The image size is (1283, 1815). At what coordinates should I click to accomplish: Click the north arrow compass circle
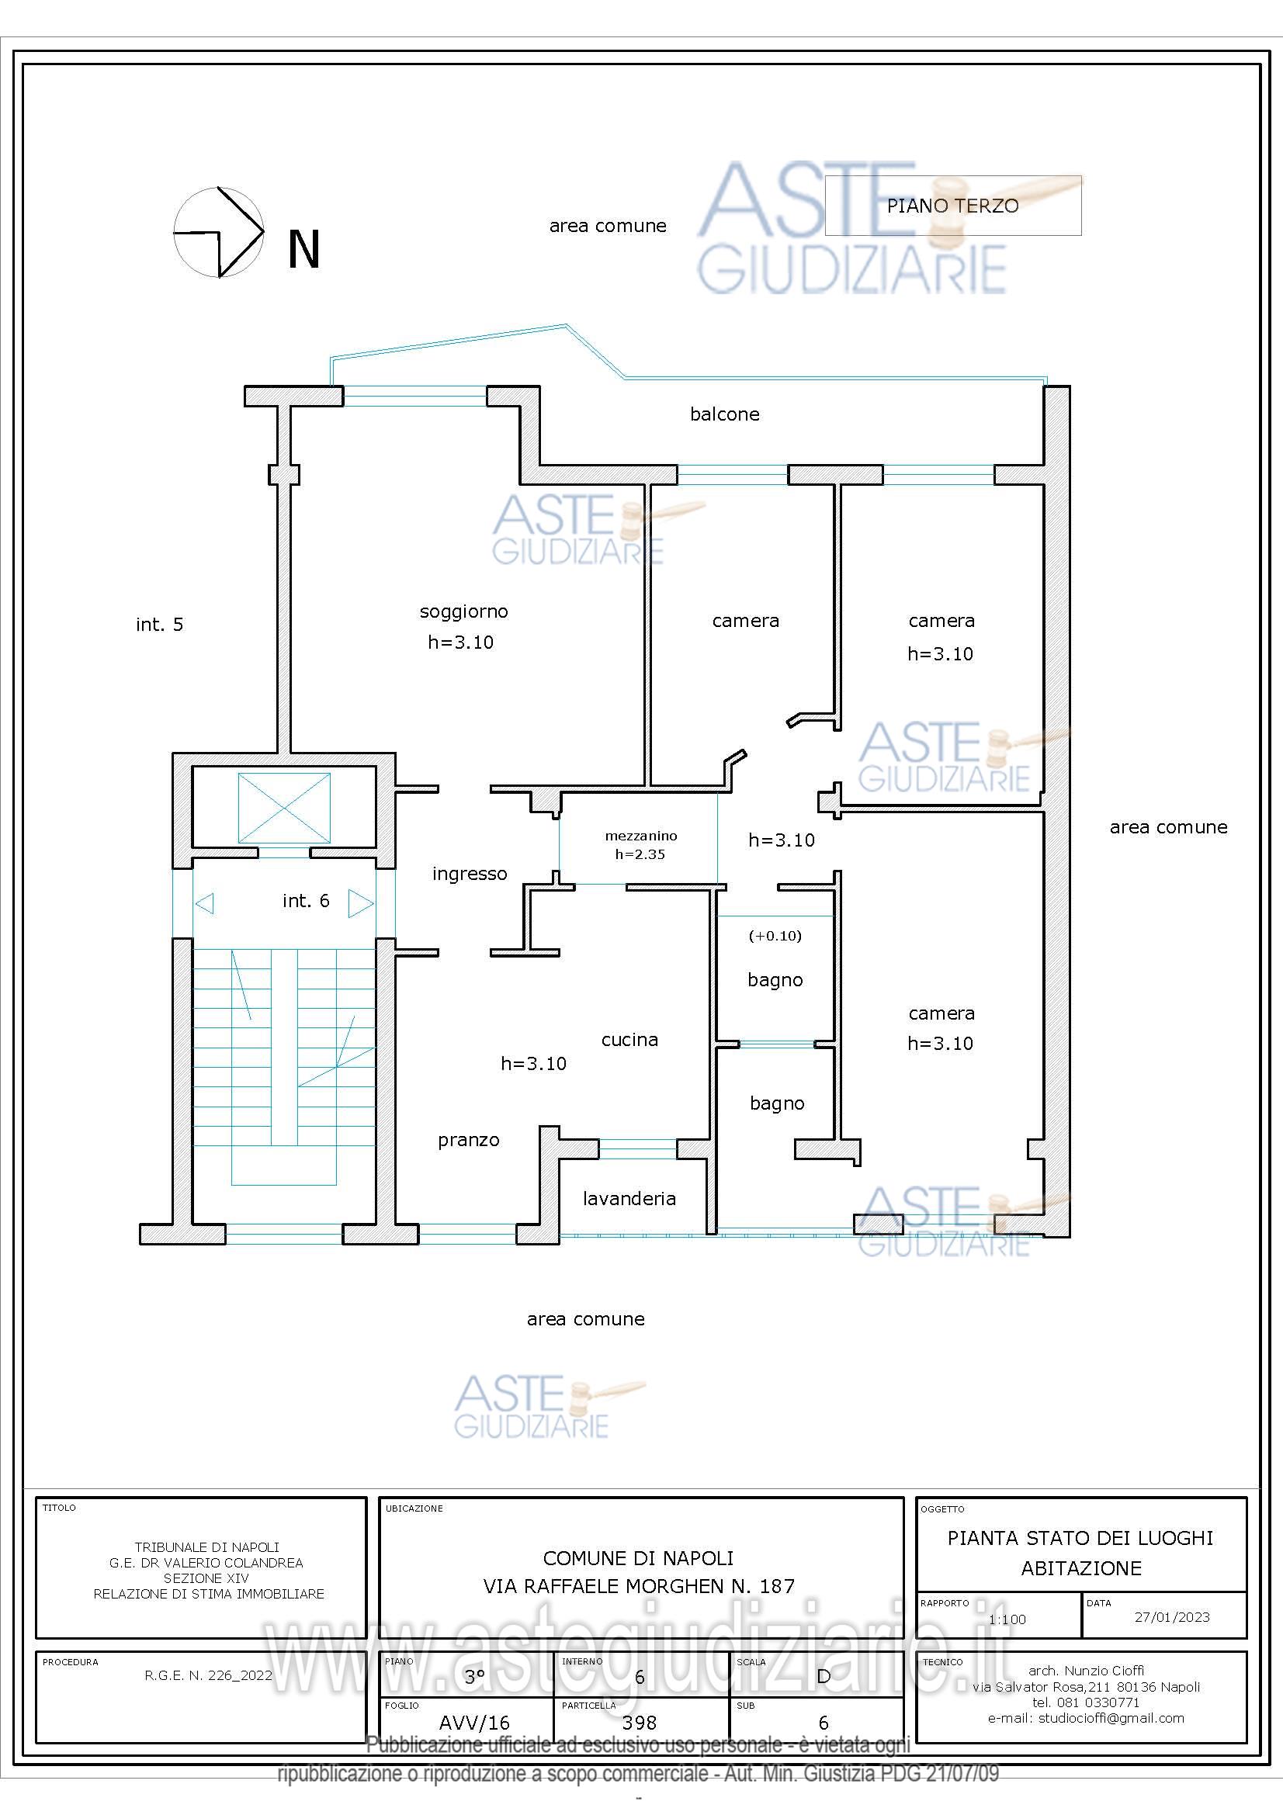pos(218,233)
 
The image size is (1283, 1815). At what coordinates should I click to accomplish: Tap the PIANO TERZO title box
pos(952,206)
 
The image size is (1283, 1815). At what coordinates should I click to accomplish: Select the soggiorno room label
pos(463,611)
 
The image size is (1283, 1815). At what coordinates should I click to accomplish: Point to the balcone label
pos(724,414)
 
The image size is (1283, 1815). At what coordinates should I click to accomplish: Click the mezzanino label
pos(640,836)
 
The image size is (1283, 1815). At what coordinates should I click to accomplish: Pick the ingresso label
pos(470,874)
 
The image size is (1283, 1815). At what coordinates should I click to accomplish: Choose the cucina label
pos(629,1040)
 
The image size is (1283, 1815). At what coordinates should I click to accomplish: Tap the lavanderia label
pos(629,1198)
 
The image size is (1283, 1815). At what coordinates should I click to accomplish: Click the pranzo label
pos(469,1140)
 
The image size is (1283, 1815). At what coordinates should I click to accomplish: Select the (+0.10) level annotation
pos(775,936)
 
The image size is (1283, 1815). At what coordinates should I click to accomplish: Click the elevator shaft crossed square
pos(284,808)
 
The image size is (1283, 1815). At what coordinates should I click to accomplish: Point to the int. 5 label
pos(160,625)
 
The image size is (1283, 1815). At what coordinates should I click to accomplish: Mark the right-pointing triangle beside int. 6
pos(359,902)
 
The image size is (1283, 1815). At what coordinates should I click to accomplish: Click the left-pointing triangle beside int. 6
pos(205,902)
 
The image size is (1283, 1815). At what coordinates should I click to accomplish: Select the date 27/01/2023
pos(1171,1616)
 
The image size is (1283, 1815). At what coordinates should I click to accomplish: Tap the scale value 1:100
pos(1007,1619)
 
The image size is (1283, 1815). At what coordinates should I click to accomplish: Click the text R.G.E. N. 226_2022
pos(208,1675)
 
